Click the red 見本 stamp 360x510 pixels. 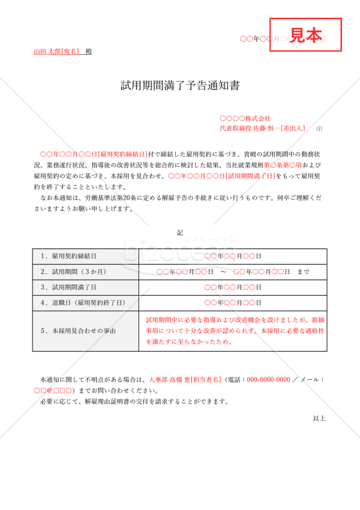[x=306, y=36]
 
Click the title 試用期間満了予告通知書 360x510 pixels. [x=180, y=86]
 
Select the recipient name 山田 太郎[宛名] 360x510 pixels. [x=57, y=51]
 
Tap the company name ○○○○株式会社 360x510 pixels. [x=245, y=119]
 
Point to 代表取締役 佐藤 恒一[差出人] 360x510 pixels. [x=263, y=128]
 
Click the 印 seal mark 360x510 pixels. [x=319, y=128]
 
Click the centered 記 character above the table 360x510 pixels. [x=180, y=233]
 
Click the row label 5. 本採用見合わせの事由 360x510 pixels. [x=78, y=331]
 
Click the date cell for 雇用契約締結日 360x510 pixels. [x=233, y=256]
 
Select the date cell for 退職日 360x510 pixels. [x=233, y=303]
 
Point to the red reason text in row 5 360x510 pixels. [x=233, y=331]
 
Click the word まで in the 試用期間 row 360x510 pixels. [x=303, y=272]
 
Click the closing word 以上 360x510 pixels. [x=319, y=418]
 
